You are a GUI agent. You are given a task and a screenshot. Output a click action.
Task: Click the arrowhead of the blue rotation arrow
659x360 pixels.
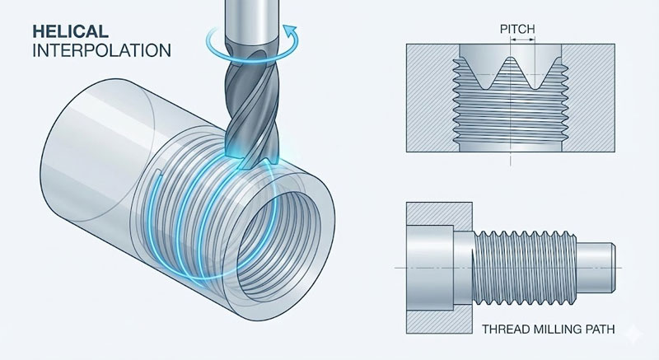(289, 30)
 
